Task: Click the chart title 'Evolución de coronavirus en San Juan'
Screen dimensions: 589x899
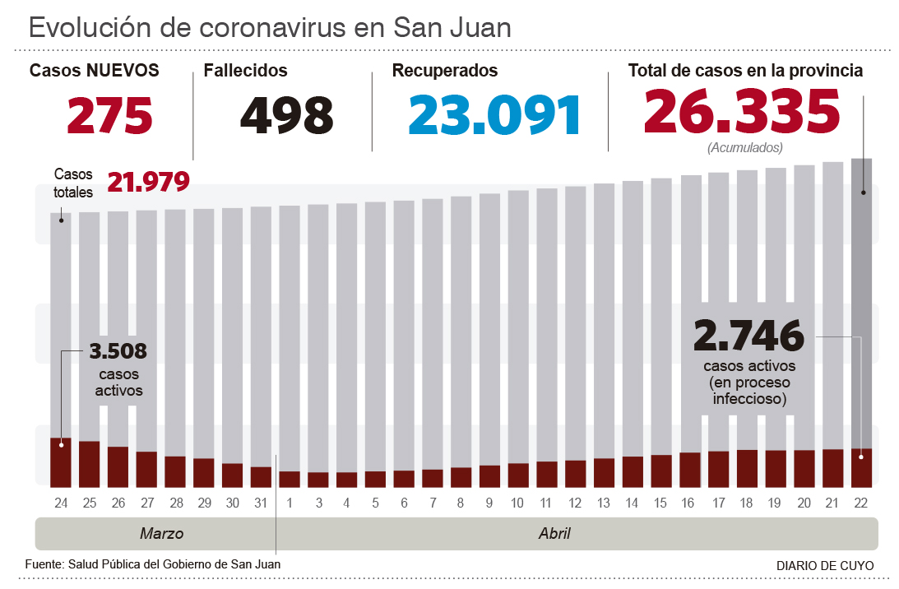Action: (x=270, y=27)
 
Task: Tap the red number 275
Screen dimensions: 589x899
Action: (x=110, y=115)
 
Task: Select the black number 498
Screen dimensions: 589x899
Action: (x=287, y=115)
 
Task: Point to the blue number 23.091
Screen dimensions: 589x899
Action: (x=495, y=115)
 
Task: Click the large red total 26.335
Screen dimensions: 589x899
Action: (x=742, y=111)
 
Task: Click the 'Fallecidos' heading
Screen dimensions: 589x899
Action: (x=246, y=71)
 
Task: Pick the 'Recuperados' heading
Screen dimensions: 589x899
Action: (x=445, y=71)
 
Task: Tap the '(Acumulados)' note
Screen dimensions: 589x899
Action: (x=744, y=148)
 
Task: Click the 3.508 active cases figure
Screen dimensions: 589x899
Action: (x=118, y=352)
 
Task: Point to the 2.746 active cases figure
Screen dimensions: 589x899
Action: (x=748, y=336)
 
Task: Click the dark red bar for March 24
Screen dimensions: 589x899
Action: (x=61, y=461)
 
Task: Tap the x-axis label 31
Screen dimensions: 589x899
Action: (x=261, y=503)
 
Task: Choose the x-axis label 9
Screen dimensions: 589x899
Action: (x=489, y=503)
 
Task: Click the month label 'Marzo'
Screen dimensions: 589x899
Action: (x=161, y=533)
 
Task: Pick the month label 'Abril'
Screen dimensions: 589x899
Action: (x=554, y=533)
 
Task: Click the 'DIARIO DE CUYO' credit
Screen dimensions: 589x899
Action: (x=824, y=566)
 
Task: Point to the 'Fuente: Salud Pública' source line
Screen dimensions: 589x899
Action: (x=153, y=564)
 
